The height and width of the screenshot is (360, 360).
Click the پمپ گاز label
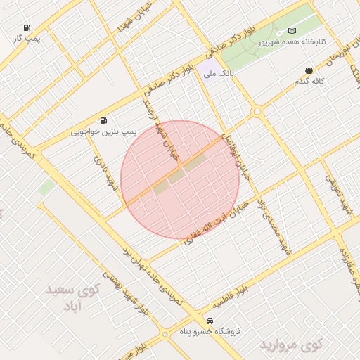[29, 38]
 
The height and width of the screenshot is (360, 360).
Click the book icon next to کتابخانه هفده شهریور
[292, 31]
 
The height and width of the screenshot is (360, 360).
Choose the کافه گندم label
[309, 81]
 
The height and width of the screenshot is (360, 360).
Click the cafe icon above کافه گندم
[309, 70]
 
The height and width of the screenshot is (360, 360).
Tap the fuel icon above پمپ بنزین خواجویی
[104, 120]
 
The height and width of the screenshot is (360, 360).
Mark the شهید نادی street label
[104, 172]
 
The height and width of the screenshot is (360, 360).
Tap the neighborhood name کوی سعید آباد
[73, 298]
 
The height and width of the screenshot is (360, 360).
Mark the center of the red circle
[180, 179]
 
